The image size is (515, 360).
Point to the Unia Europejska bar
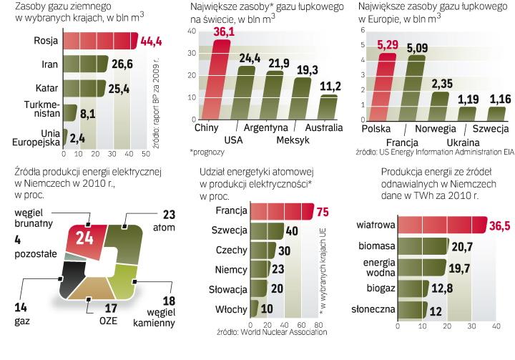(66, 137)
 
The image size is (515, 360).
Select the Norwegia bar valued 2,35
(441, 107)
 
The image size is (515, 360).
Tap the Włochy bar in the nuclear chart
(257, 309)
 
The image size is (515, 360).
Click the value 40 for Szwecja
(292, 231)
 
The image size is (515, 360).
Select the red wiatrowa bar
(442, 225)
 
